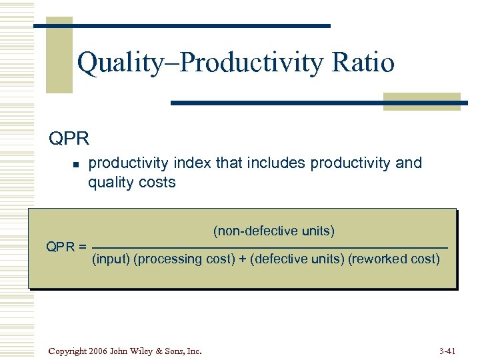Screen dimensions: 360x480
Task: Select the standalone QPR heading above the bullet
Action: tap(68, 139)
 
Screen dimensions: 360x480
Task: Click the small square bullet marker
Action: tap(76, 164)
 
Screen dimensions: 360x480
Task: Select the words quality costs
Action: tap(131, 183)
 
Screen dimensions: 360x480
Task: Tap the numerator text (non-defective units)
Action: tap(273, 231)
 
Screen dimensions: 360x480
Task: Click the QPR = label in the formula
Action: tap(66, 247)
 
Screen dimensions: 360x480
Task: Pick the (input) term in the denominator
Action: tap(111, 259)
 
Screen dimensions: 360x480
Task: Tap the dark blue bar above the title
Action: tap(181, 25)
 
